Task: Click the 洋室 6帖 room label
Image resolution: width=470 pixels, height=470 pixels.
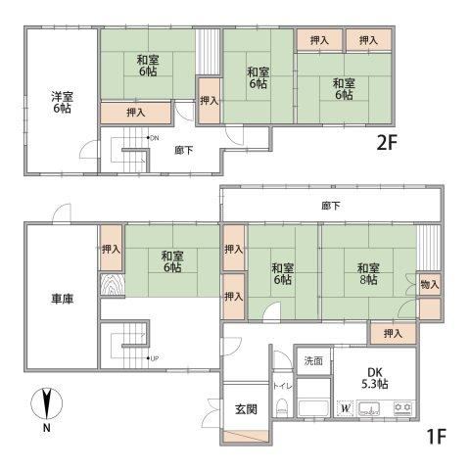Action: tap(62, 103)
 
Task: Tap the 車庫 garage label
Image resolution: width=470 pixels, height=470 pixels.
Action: tap(62, 299)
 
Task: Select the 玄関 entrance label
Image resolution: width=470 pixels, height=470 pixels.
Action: tap(246, 409)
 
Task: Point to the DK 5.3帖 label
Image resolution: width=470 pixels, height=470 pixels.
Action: tap(374, 378)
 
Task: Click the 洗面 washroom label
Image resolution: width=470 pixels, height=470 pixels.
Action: tap(313, 360)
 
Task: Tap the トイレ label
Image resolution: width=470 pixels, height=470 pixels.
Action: tap(283, 386)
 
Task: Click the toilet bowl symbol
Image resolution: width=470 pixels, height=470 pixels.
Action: tap(281, 408)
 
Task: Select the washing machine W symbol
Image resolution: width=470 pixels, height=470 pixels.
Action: tap(346, 408)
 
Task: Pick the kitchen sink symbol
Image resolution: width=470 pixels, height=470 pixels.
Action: tap(369, 408)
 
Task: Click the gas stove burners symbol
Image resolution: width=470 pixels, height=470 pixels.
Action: tap(403, 407)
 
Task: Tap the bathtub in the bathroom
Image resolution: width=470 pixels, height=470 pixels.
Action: tap(313, 408)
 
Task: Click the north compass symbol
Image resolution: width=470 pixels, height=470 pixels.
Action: tap(47, 404)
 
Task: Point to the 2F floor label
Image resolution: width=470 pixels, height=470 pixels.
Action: tap(387, 143)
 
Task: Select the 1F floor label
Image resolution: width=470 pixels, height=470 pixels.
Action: tap(436, 437)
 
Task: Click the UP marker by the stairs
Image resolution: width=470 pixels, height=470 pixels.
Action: tap(155, 358)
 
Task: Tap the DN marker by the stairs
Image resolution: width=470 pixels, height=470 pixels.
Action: tap(155, 138)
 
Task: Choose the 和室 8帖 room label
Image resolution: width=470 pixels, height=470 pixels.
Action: tap(368, 274)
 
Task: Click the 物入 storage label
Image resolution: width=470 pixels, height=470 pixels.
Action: tap(430, 285)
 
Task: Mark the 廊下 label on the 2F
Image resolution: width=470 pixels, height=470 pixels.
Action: tap(184, 150)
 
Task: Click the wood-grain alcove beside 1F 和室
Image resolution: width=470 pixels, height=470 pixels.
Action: tap(113, 285)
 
